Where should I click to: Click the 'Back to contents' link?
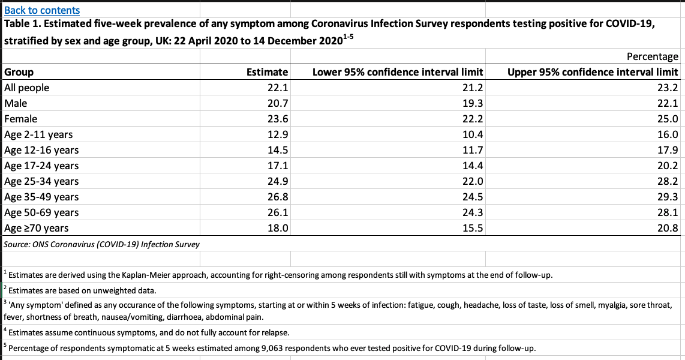click(42, 10)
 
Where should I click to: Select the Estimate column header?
click(267, 72)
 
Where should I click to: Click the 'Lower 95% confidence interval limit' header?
click(398, 72)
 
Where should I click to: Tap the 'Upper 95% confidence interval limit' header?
click(593, 72)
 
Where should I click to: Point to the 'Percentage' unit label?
click(652, 56)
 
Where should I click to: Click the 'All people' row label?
click(27, 88)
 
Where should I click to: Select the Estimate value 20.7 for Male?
click(277, 103)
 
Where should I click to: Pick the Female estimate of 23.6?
click(277, 119)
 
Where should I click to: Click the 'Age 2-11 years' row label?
click(38, 134)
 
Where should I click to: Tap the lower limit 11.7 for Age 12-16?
click(473, 150)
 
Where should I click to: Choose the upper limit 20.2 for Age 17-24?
click(668, 166)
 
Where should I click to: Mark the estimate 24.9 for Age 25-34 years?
click(277, 181)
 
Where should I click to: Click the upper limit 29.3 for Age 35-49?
click(668, 197)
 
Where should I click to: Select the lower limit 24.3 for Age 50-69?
click(473, 212)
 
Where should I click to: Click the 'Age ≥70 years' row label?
click(37, 228)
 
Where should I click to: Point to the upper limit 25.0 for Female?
click(668, 119)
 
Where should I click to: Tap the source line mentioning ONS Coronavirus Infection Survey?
click(102, 244)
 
